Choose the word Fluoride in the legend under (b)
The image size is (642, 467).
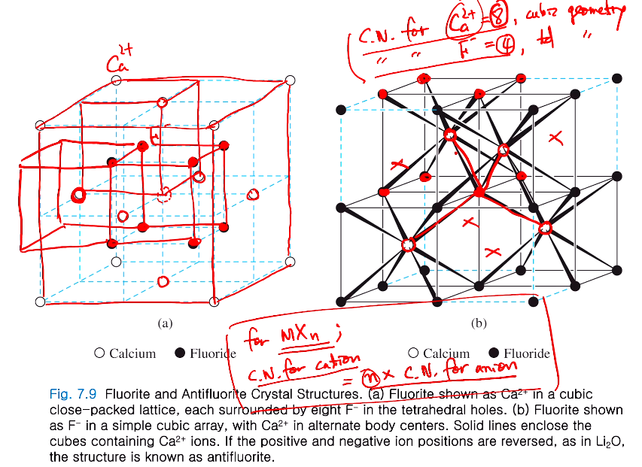pyautogui.click(x=527, y=353)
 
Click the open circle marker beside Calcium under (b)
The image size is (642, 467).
pyautogui.click(x=413, y=353)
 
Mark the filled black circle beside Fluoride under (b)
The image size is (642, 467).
pyautogui.click(x=494, y=353)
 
